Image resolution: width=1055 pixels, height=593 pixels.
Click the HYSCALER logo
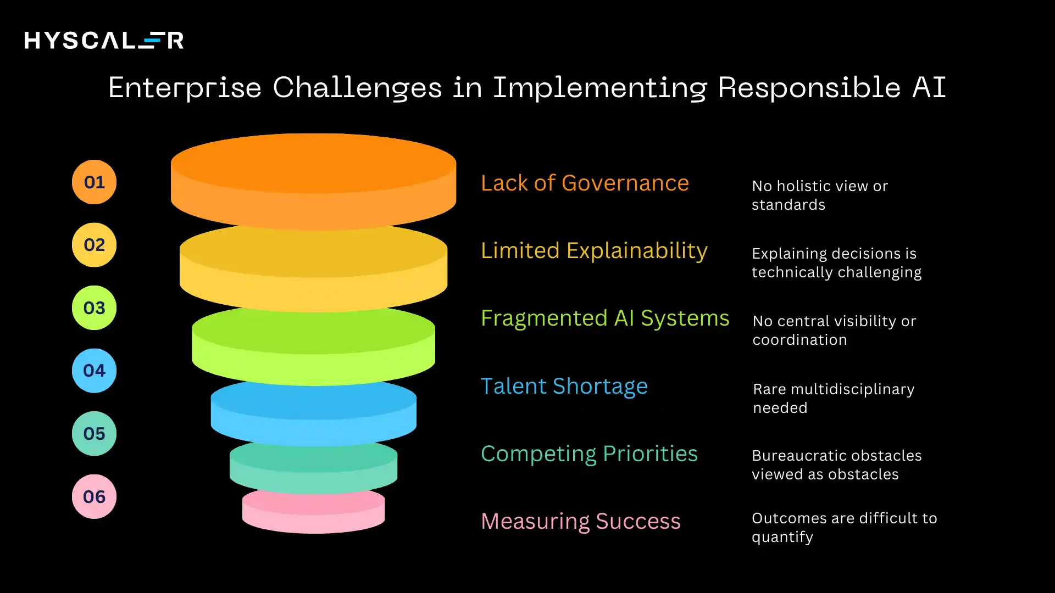pos(104,41)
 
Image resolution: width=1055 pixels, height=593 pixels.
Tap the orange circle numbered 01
pos(94,182)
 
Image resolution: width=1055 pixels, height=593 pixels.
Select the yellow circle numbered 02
pos(94,245)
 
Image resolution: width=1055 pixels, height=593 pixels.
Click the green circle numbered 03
pos(94,308)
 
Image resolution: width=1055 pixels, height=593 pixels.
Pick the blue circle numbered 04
pos(94,371)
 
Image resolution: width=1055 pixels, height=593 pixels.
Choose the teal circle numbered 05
pos(94,434)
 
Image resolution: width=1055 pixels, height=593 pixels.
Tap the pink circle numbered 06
pos(94,497)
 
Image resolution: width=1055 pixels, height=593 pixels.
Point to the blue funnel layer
pos(313,412)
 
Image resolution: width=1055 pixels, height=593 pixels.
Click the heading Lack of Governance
pos(585,183)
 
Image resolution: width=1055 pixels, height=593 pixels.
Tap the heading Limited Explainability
pos(594,251)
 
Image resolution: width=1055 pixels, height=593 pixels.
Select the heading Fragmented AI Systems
pos(605,318)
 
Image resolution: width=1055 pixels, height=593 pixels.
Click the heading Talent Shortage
pos(564,387)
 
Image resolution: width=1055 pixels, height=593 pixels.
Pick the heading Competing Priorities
pos(589,454)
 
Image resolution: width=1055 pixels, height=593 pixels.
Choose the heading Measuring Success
pos(581,522)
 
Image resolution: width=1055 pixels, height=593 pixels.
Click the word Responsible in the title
pos(809,88)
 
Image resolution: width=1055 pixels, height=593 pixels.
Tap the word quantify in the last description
pos(782,538)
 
